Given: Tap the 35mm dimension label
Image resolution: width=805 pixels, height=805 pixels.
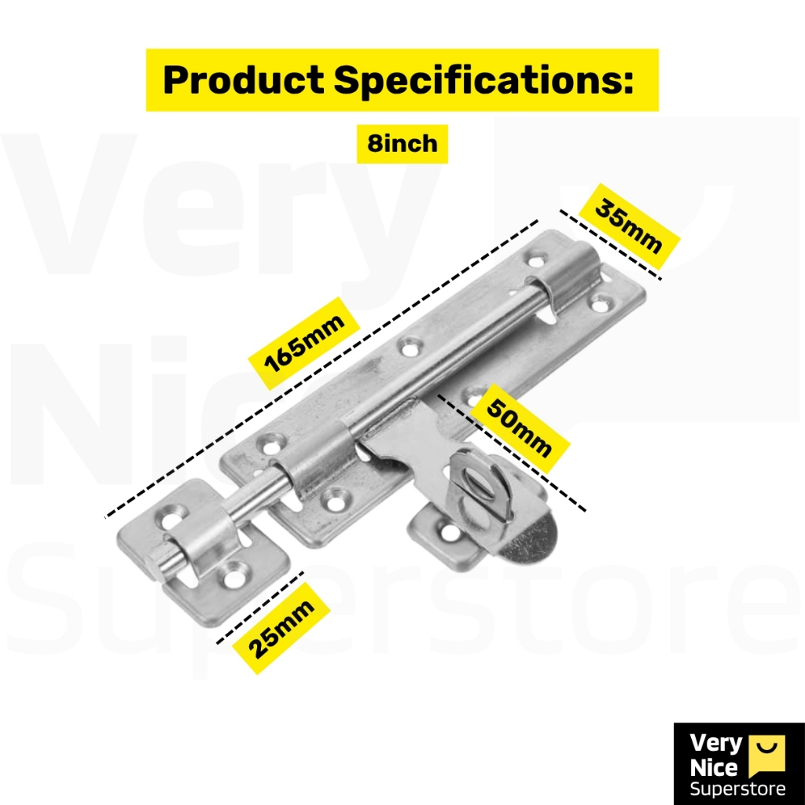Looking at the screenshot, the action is coord(628,226).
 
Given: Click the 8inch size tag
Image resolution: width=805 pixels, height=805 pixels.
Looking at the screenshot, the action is coord(402,144).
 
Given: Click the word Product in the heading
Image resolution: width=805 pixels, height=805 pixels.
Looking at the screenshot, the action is coord(243,80).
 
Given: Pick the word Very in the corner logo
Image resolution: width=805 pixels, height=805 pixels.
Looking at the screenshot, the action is coord(715,744).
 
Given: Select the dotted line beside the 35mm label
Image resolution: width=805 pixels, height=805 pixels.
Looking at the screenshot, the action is coord(610,245).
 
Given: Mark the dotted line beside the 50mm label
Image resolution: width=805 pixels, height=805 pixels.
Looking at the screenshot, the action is coord(511,454).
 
